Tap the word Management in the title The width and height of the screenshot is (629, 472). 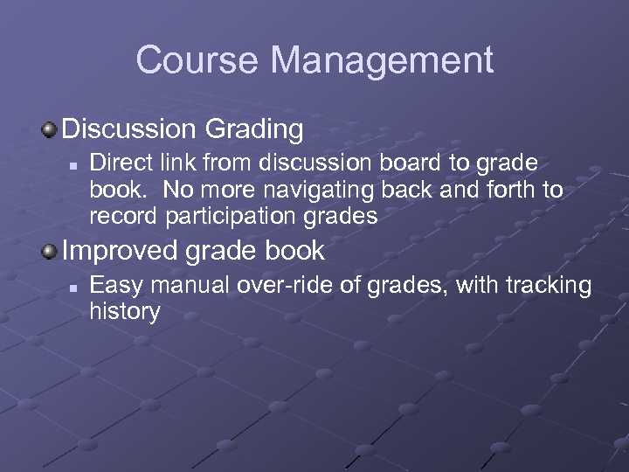coord(382,60)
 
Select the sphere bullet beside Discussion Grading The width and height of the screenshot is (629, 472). coord(50,130)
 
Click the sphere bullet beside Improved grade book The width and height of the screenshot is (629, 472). coord(50,252)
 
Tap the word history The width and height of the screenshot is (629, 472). coord(124,311)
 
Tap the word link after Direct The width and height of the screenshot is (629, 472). coord(174,163)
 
